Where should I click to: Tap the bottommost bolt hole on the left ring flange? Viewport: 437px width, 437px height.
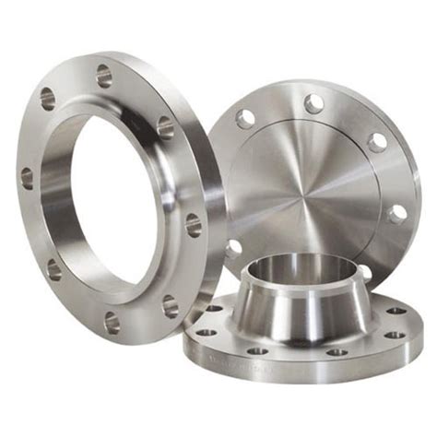pos(112,322)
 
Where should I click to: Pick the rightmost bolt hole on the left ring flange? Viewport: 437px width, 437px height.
pos(194,224)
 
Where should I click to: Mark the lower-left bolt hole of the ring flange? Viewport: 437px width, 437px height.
pos(54,269)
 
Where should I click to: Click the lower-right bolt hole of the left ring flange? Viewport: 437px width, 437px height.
pos(170,304)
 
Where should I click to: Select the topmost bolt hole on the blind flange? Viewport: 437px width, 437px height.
pos(314,103)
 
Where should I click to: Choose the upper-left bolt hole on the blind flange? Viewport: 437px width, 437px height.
pos(245,118)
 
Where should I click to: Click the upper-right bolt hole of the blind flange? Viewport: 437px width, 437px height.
pos(377,142)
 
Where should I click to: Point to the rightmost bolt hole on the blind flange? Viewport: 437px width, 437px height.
pos(398,214)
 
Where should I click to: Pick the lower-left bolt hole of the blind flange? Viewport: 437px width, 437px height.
pos(233,246)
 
